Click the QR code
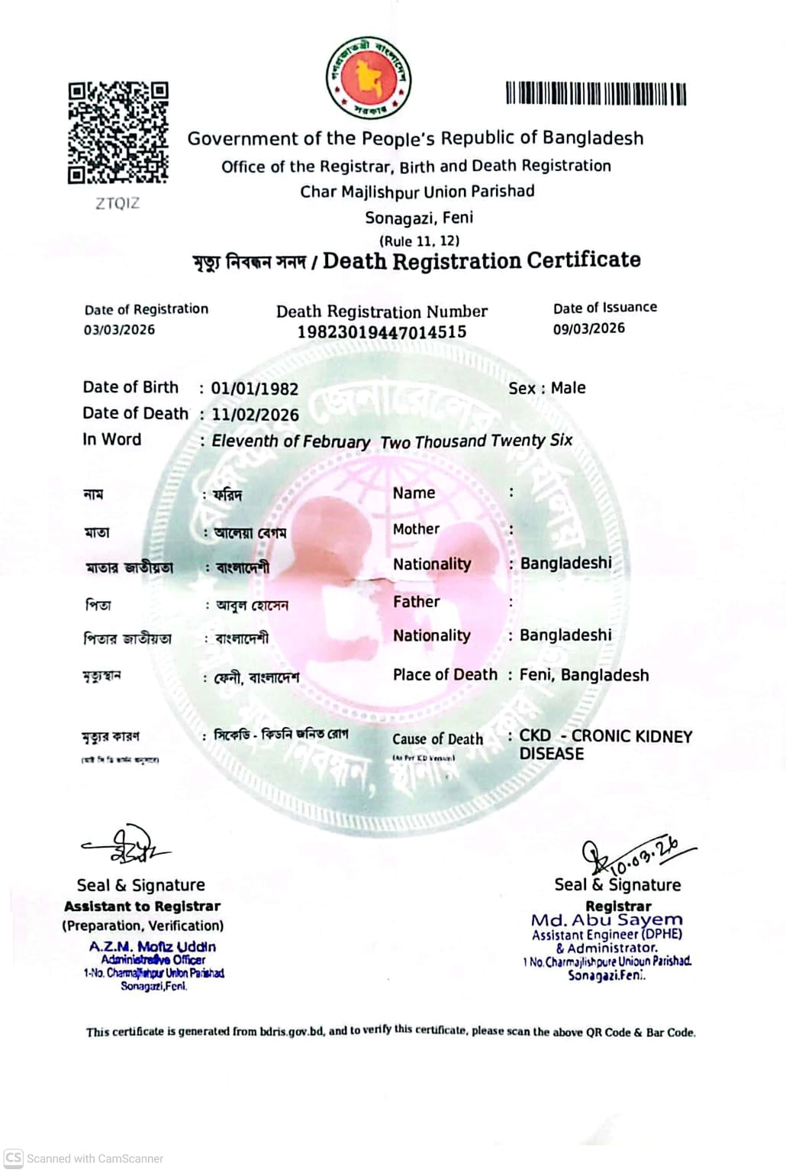coord(118,133)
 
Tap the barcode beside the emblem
coord(595,94)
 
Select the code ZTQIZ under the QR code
coord(118,203)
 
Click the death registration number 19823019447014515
coord(382,332)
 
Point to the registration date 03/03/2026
coord(119,330)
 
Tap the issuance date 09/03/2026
coord(588,328)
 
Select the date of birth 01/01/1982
coord(254,389)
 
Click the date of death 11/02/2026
coord(255,415)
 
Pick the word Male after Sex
coord(568,388)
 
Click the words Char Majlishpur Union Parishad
coord(417,192)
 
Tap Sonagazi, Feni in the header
coord(419,218)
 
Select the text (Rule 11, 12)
coord(419,241)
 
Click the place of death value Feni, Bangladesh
coord(584,675)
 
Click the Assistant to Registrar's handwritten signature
coord(126,845)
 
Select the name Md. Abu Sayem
coord(607,920)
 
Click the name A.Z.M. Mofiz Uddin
coord(152,947)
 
